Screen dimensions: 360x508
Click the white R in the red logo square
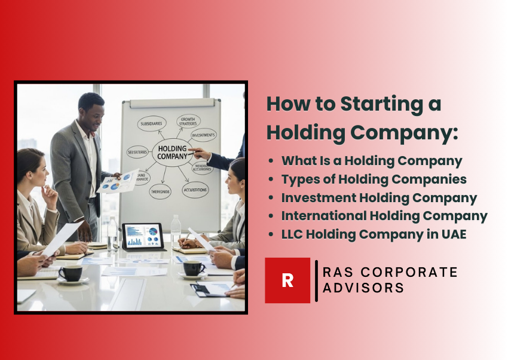pyautogui.click(x=287, y=280)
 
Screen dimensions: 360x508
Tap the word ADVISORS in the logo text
pyautogui.click(x=363, y=288)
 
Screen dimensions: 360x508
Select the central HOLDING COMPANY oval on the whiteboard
pyautogui.click(x=173, y=152)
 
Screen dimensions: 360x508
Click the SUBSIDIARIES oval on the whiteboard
pyautogui.click(x=152, y=124)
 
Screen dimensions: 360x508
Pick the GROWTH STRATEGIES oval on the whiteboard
pyautogui.click(x=188, y=122)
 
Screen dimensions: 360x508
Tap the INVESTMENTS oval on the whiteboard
pyautogui.click(x=204, y=136)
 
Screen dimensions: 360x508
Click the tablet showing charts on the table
pyautogui.click(x=143, y=237)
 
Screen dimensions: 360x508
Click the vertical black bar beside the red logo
pyautogui.click(x=316, y=280)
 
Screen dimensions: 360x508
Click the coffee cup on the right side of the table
pyautogui.click(x=194, y=269)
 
